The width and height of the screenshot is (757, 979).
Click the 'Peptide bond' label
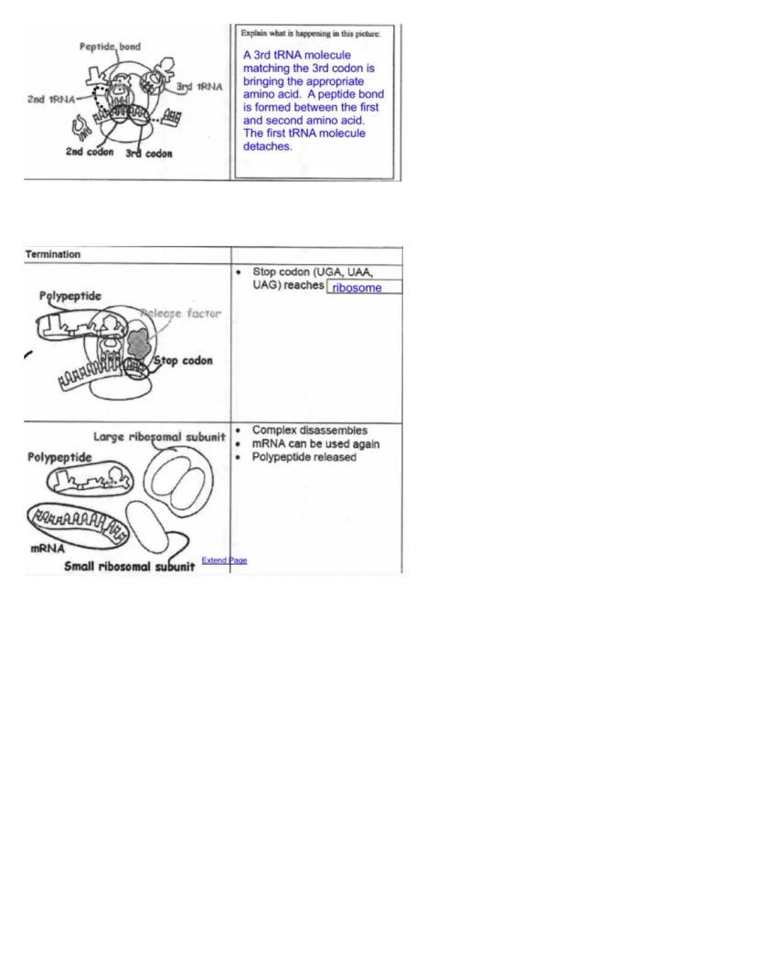click(109, 46)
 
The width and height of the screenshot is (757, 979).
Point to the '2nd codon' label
click(89, 152)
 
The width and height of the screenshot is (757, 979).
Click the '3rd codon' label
click(149, 153)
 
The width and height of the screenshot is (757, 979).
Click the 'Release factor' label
click(181, 313)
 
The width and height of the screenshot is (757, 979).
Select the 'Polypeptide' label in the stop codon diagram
click(70, 296)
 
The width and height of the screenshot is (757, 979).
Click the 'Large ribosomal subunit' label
click(159, 437)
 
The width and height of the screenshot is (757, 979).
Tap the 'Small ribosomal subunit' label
click(129, 567)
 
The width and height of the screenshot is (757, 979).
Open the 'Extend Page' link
click(224, 560)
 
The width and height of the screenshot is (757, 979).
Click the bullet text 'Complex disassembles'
click(310, 431)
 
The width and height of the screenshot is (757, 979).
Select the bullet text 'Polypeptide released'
click(304, 457)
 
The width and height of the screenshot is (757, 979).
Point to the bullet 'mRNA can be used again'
click(315, 444)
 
